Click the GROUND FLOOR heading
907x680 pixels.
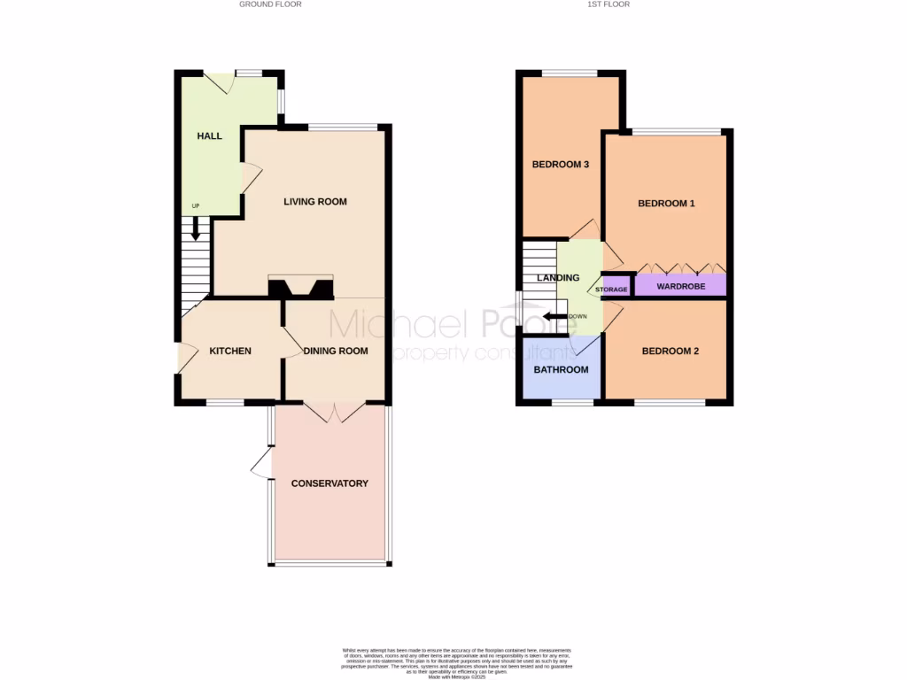click(270, 4)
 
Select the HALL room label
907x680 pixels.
click(210, 135)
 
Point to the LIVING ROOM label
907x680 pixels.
click(315, 202)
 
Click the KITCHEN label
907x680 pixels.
click(230, 352)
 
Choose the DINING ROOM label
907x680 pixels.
click(336, 352)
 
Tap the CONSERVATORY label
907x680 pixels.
click(329, 483)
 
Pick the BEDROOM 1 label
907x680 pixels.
click(667, 204)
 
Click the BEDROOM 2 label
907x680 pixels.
click(671, 352)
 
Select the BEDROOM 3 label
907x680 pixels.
click(561, 165)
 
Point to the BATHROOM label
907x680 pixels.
click(561, 370)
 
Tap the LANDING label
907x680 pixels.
click(558, 278)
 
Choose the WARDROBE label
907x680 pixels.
click(680, 286)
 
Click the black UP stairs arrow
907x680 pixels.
click(196, 229)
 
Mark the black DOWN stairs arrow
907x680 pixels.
click(555, 316)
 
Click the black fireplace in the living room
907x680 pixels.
click(300, 288)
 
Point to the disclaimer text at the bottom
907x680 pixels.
click(458, 663)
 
